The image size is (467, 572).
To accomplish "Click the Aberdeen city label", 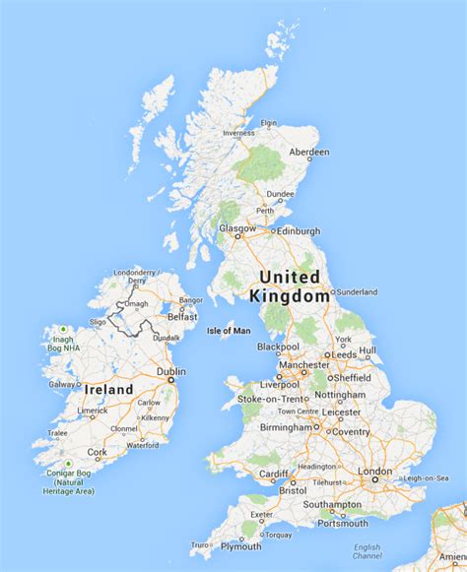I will tap(309, 152).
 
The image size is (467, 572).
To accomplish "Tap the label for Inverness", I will tap(238, 133).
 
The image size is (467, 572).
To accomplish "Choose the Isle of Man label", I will tap(229, 331).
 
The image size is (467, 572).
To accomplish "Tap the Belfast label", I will tap(182, 317).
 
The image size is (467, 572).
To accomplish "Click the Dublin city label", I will tap(170, 372).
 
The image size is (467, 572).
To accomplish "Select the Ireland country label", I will tap(107, 390).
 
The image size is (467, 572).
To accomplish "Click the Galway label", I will tap(61, 384).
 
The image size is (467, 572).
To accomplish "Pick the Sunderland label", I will tap(358, 292).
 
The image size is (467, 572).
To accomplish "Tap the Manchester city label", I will tap(303, 364).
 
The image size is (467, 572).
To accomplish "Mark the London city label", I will tap(374, 472).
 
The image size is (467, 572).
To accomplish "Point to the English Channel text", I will tap(367, 550).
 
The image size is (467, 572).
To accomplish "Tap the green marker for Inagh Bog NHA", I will tap(64, 329).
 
